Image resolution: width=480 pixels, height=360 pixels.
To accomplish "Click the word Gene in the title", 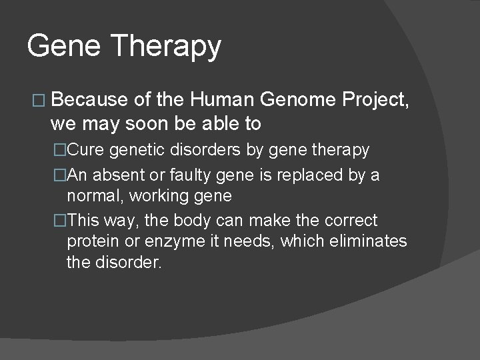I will pyautogui.click(x=62, y=46).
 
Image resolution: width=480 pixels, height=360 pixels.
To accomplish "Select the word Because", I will pyautogui.click(x=89, y=100).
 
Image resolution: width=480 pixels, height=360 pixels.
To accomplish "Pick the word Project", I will pyautogui.click(x=375, y=101).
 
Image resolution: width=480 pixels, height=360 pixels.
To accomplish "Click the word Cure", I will pyautogui.click(x=84, y=150).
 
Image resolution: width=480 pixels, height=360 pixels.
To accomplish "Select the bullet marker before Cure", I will pyautogui.click(x=61, y=151).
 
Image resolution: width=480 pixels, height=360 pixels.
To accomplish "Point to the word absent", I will pyautogui.click(x=113, y=175).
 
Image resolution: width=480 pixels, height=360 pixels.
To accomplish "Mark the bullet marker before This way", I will pyautogui.click(x=61, y=221).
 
